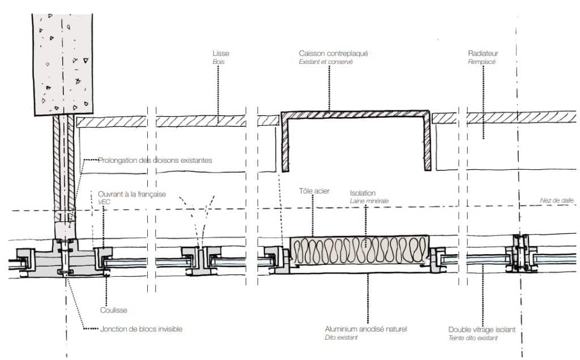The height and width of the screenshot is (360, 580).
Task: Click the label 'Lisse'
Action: click(x=221, y=54)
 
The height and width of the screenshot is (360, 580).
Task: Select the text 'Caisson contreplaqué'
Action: click(x=333, y=54)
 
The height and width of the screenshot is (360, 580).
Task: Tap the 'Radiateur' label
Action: click(x=483, y=54)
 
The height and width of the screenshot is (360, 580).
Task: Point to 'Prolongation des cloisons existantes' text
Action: click(x=155, y=160)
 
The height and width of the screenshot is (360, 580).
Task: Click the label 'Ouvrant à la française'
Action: click(x=131, y=194)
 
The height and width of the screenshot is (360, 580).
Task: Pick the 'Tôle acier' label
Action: click(x=314, y=191)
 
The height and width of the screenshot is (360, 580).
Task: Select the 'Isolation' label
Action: click(x=362, y=193)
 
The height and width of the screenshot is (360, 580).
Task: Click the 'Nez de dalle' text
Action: click(x=557, y=200)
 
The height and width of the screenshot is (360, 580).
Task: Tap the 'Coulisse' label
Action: click(x=113, y=310)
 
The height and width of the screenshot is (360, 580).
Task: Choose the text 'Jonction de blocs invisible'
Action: click(x=141, y=329)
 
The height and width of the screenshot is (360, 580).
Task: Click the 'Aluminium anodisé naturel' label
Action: click(x=366, y=329)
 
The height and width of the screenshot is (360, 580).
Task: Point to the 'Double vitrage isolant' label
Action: click(x=481, y=329)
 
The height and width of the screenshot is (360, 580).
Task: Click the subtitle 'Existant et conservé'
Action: click(x=326, y=62)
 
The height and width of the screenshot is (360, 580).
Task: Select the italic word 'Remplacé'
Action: click(x=481, y=62)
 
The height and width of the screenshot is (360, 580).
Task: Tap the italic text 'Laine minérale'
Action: click(x=369, y=201)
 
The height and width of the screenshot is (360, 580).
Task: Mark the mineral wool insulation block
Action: click(x=359, y=251)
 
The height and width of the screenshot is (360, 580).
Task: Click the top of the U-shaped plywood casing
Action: click(x=355, y=114)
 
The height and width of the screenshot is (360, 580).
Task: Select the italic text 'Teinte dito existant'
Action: click(x=473, y=338)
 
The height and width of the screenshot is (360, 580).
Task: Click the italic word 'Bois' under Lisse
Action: click(x=218, y=62)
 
